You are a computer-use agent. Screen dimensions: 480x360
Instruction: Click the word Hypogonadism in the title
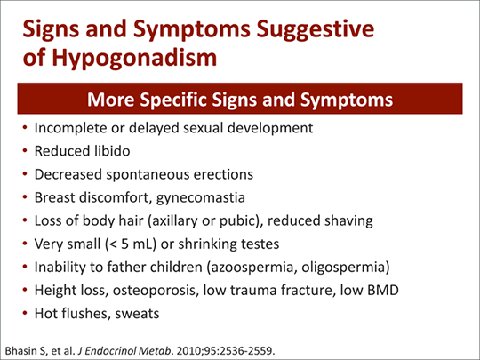[x=134, y=58]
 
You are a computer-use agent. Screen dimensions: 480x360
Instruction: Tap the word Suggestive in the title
[x=315, y=29]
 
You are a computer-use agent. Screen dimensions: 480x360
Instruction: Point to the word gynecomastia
[x=201, y=198]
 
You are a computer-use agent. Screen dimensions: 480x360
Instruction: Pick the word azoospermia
[x=252, y=268]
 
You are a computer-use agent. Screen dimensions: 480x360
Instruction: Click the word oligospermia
[x=343, y=268]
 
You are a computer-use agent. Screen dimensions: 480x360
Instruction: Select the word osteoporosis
[x=154, y=291]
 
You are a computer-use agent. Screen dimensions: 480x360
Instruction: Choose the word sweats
[x=137, y=314]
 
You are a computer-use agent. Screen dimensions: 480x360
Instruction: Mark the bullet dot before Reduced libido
[x=25, y=151]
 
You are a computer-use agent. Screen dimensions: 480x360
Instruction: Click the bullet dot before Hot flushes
[x=25, y=314]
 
